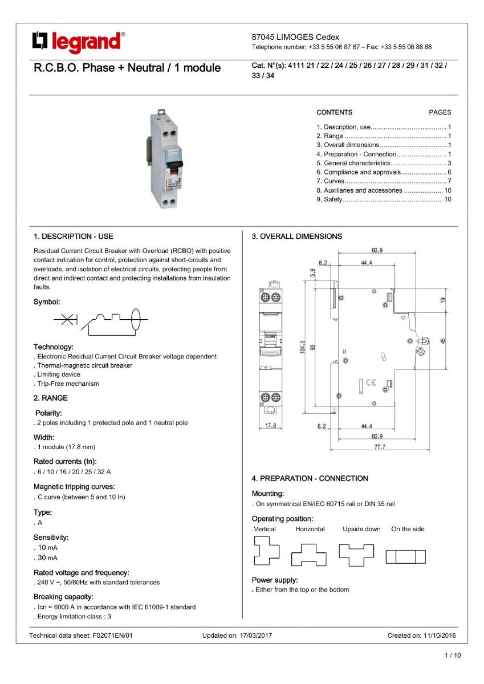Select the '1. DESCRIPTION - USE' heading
[x=76, y=235]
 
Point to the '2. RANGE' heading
[x=50, y=398]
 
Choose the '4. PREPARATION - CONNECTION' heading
[x=310, y=478]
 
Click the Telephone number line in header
[x=341, y=47]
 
